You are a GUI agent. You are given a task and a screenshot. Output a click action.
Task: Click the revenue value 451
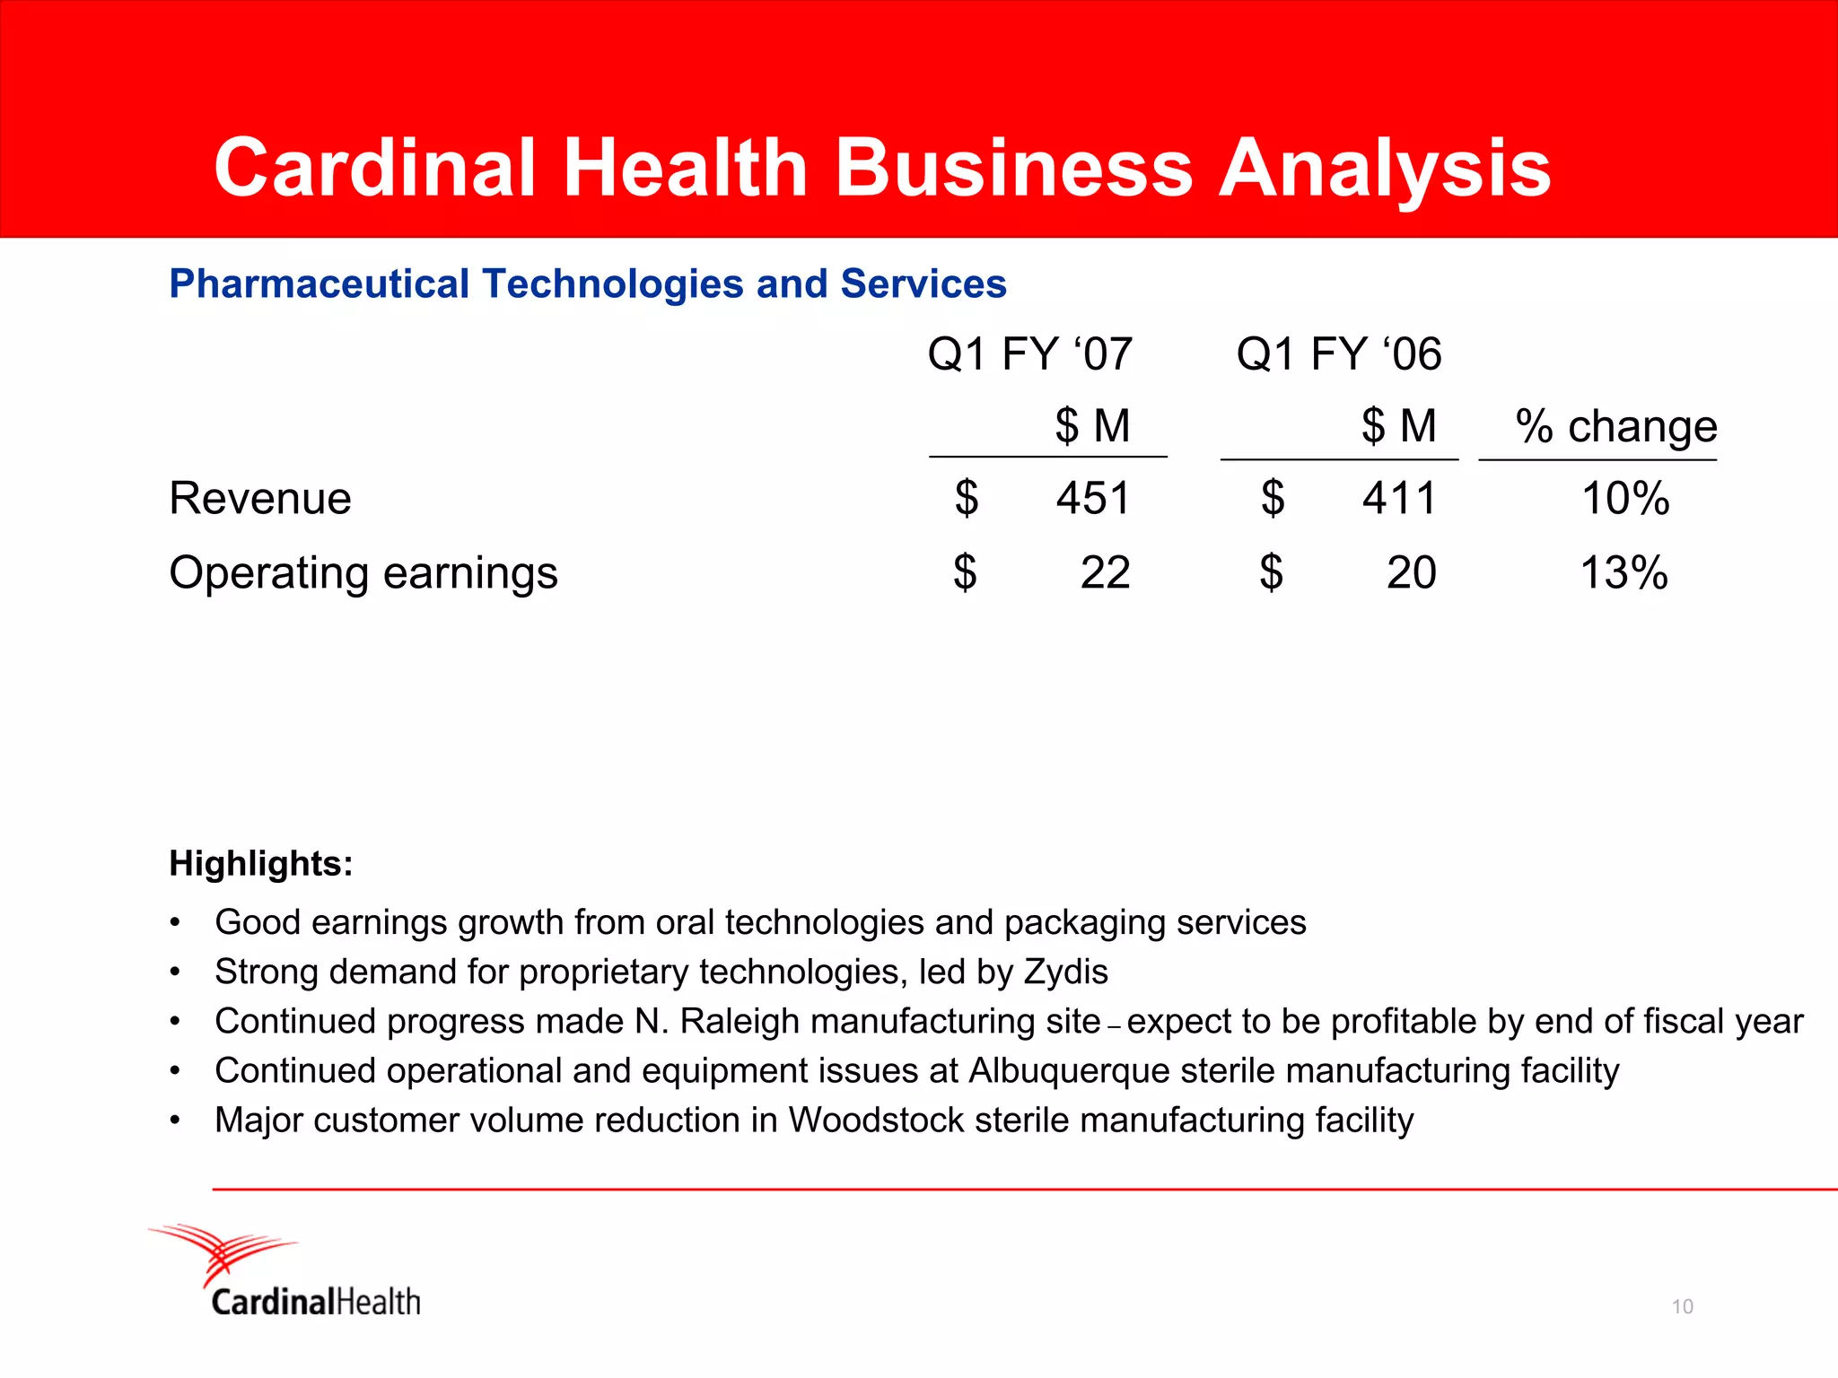(x=1092, y=498)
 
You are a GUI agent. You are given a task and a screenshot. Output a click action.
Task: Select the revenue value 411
(x=1399, y=498)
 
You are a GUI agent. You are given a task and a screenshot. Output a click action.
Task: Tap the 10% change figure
(x=1624, y=498)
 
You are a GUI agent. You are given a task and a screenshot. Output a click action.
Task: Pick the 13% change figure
(x=1624, y=572)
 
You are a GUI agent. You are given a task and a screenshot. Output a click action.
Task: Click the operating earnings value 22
(x=1105, y=572)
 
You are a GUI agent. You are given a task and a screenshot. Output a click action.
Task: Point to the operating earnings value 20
(x=1411, y=572)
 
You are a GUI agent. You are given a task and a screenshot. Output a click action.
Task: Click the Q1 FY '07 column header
(x=1030, y=353)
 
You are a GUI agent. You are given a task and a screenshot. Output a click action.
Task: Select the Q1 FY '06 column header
(x=1338, y=353)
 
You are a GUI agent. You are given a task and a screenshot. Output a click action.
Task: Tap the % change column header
(x=1615, y=426)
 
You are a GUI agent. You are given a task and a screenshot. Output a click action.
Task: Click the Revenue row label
(x=260, y=498)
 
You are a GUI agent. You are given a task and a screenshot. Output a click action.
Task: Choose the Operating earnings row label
(x=363, y=572)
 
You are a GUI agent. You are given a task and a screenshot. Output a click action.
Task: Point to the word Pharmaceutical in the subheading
(x=319, y=283)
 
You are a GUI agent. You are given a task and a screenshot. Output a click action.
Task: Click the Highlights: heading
(x=261, y=863)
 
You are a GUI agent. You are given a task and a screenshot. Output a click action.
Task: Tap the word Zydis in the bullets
(x=1065, y=972)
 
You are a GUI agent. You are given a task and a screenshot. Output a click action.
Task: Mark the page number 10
(x=1682, y=1306)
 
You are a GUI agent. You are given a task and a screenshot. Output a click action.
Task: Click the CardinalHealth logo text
(x=316, y=1302)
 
